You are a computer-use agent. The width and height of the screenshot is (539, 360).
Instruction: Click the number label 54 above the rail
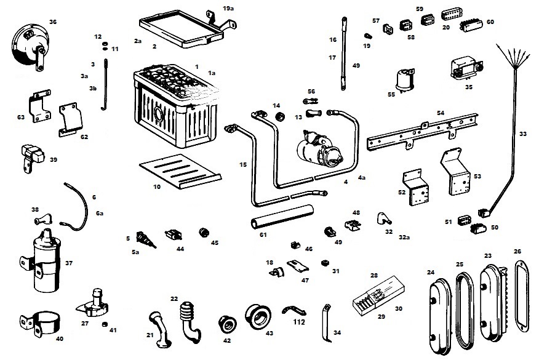point(440,114)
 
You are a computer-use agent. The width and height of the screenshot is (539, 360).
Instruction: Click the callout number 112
point(300,321)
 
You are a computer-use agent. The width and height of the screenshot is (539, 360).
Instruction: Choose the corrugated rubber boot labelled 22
point(188,319)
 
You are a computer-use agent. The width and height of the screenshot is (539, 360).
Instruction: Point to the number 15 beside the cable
point(243,164)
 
